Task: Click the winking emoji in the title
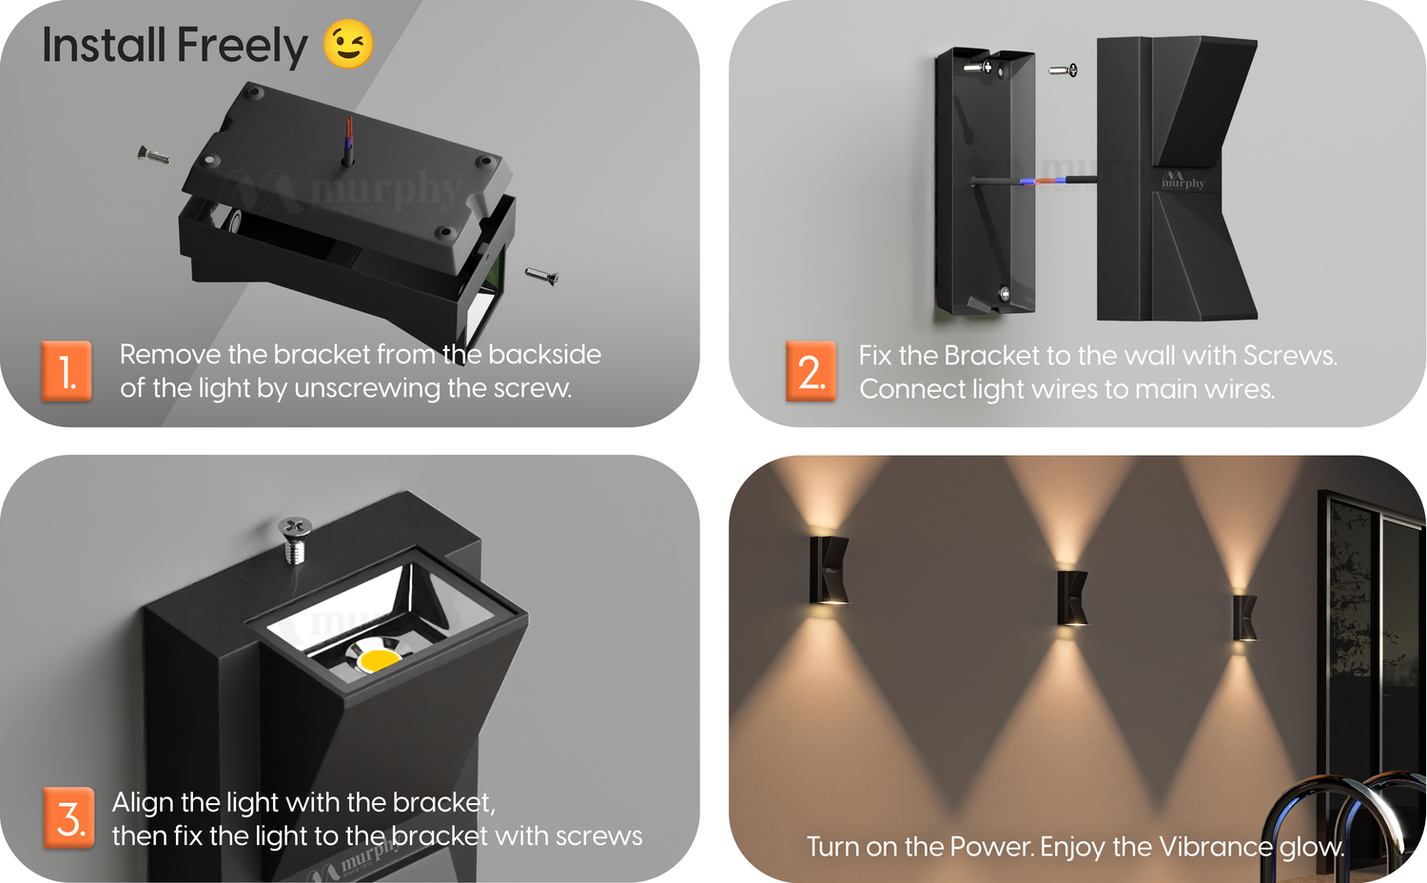(x=348, y=44)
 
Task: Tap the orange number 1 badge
(x=67, y=371)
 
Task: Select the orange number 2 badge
(x=811, y=371)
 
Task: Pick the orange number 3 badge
(x=68, y=818)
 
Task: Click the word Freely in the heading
(x=242, y=46)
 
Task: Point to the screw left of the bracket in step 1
(x=153, y=155)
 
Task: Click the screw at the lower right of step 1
(x=542, y=276)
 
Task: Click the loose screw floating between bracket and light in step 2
(x=1064, y=69)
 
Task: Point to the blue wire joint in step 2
(x=1027, y=182)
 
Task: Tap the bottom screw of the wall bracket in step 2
(x=1005, y=293)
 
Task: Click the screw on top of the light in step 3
(x=295, y=540)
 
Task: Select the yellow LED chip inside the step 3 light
(x=379, y=660)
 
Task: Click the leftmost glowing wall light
(x=829, y=570)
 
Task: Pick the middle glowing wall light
(x=1071, y=598)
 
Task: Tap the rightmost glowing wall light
(x=1244, y=618)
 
